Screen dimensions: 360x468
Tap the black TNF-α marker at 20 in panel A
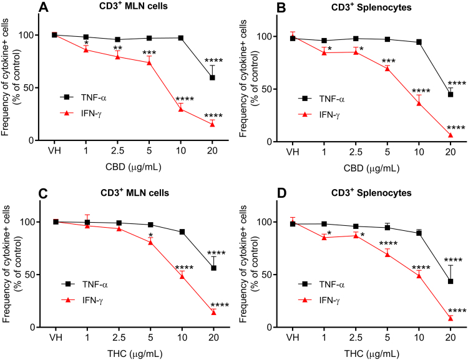tap(212, 77)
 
